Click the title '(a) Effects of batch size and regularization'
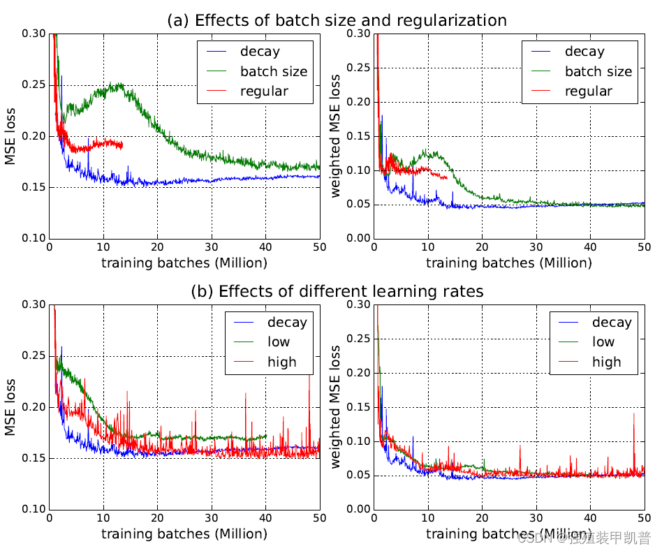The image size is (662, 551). click(337, 20)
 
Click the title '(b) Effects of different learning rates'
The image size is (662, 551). click(337, 291)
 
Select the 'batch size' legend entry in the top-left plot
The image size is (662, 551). click(273, 71)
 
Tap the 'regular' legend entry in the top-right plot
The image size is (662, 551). click(588, 91)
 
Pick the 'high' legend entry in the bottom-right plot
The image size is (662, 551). click(606, 362)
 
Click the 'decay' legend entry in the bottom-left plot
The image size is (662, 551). click(286, 322)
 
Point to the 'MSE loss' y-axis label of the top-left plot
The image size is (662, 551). click(11, 136)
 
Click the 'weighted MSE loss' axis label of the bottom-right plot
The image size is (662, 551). click(337, 407)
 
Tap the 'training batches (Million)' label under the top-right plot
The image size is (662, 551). click(508, 263)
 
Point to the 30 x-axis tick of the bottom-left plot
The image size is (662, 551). click(212, 519)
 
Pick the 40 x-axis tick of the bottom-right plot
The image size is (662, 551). click(590, 519)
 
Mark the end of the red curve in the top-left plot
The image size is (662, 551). click(122, 145)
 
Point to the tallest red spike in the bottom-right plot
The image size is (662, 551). click(634, 414)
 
